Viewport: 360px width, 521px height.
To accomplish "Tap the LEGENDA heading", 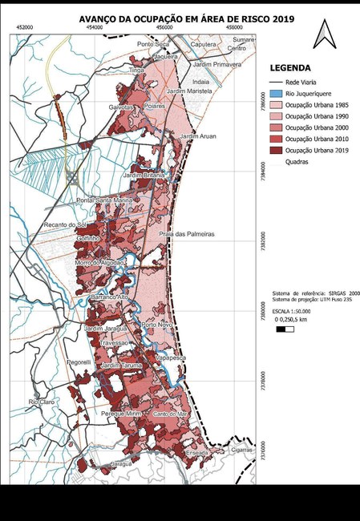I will pyautogui.click(x=290, y=68).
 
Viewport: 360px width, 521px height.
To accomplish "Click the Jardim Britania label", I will pyautogui.click(x=144, y=175).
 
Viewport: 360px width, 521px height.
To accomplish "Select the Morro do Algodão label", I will pyautogui.click(x=100, y=263).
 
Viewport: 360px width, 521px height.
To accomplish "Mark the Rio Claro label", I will pyautogui.click(x=40, y=401).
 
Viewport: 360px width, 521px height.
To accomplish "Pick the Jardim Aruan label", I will pyautogui.click(x=198, y=137).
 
